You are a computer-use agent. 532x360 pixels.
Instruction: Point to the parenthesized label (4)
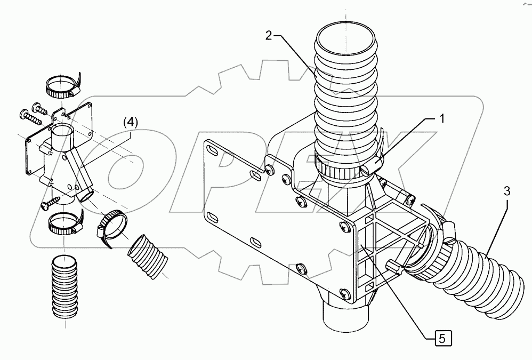pos(130,122)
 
